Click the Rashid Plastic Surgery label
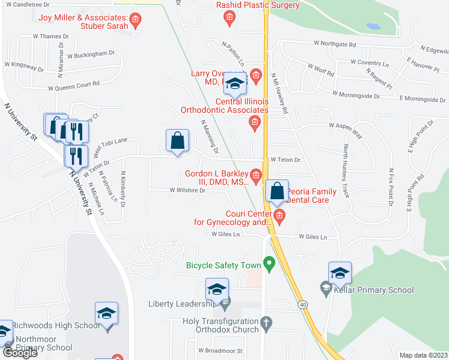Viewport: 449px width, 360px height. coord(258,5)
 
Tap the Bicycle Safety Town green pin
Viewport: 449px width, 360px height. coord(270,263)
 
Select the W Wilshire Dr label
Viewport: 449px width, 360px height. coord(187,190)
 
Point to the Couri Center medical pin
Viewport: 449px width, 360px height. coord(279,215)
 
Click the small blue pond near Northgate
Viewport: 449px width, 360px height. coord(372,27)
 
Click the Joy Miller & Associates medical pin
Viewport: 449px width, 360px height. coord(136,22)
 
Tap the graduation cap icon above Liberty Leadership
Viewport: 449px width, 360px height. coord(217,290)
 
